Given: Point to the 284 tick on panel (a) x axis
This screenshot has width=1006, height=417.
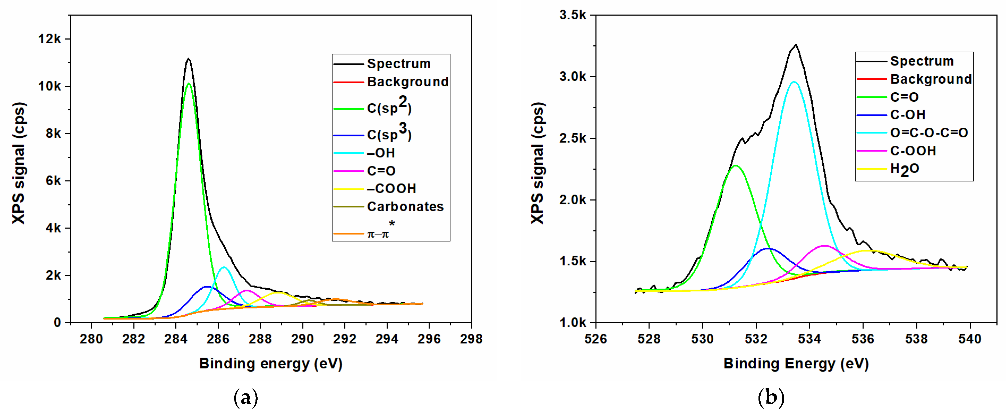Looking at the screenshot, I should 176,338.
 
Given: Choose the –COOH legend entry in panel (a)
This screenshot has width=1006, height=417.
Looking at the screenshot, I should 391,189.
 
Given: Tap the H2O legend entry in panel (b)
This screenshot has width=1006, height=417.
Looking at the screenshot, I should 904,169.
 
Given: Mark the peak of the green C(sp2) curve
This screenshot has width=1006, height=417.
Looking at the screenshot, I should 189,83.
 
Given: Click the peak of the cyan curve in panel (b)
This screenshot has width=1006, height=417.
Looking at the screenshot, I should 793,82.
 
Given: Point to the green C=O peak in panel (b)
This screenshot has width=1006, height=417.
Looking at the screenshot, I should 736,166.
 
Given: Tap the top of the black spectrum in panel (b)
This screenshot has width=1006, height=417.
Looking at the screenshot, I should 796,45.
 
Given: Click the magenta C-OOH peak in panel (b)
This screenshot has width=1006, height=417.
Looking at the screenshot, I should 824,246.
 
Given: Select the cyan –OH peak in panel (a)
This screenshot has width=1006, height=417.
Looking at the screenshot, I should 224,267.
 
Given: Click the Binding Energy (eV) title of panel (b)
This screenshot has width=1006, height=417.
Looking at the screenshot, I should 796,363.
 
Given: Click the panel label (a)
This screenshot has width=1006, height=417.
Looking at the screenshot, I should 246,398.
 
